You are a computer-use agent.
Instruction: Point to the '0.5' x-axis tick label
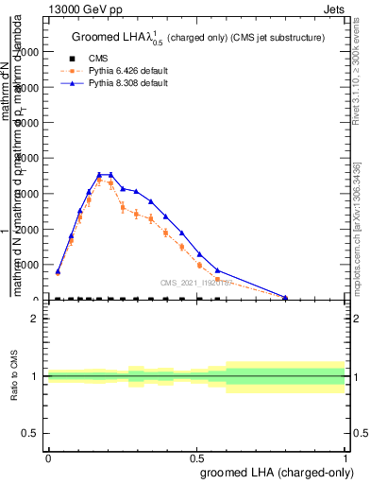point(196,458)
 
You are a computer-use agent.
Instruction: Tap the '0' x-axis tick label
point(48,458)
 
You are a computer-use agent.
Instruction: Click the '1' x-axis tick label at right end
point(346,458)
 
